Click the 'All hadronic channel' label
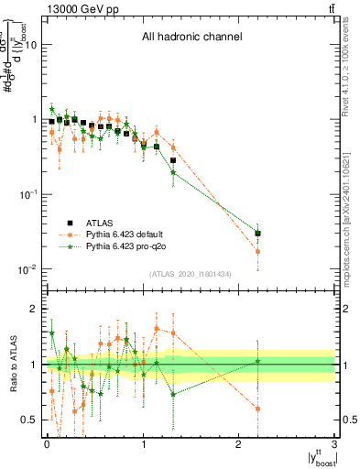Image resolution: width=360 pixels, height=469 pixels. [191, 38]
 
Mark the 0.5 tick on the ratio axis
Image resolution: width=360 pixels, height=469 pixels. [29, 420]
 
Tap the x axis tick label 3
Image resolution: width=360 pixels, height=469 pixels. [335, 445]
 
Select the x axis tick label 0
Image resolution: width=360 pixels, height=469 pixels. [47, 445]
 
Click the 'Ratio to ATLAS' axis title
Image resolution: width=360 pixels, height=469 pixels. [10, 365]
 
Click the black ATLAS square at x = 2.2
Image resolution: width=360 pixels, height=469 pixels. [258, 234]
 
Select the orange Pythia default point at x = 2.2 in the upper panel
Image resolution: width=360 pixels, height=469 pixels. [258, 252]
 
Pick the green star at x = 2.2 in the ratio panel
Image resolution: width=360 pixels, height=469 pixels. [258, 361]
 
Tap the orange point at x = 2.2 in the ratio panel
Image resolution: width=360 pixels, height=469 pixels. [258, 409]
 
